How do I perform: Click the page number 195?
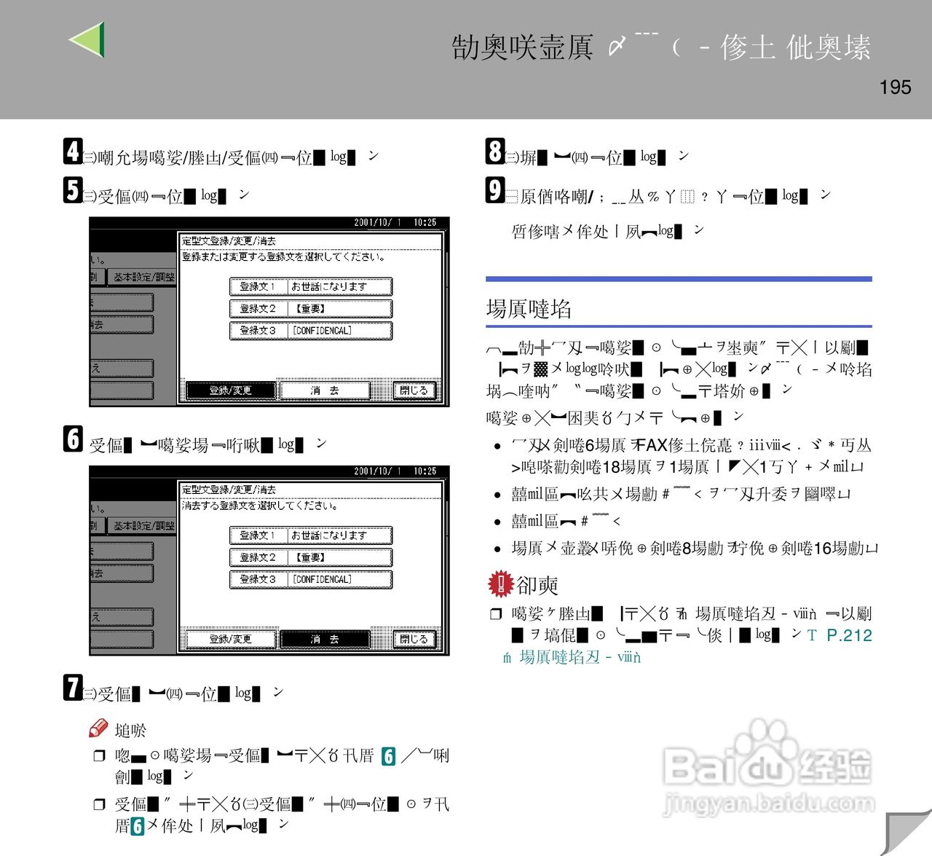895,87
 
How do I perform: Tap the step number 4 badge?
72,152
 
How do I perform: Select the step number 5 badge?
72,190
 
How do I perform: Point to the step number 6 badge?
73,439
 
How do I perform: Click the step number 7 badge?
72,688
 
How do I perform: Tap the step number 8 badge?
495,152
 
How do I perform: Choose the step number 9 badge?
495,190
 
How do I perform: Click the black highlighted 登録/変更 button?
230,390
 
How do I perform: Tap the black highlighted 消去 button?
324,639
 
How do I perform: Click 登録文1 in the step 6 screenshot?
258,535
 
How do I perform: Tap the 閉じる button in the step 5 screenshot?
414,390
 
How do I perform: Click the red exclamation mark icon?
501,583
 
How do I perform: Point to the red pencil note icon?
98,728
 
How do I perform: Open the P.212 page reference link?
849,635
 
